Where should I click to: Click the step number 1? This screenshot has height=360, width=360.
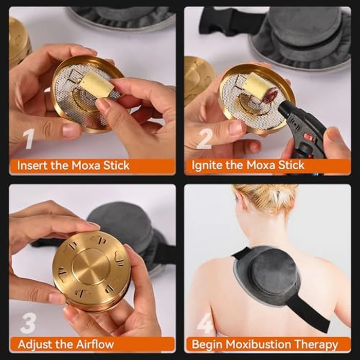coord(29,139)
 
